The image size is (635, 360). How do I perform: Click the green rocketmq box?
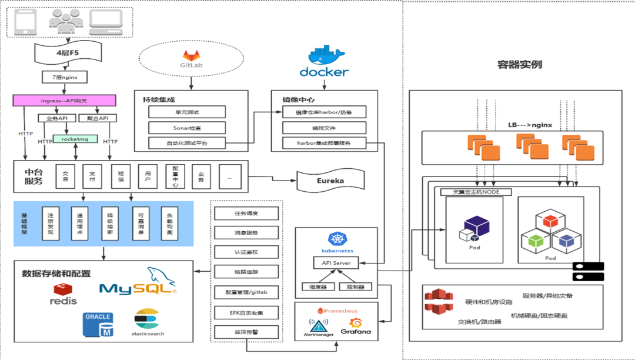coord(75,139)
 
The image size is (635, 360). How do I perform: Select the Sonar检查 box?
coord(187,127)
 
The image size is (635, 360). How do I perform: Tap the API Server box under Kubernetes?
coord(336,263)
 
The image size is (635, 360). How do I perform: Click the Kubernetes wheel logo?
coord(336,239)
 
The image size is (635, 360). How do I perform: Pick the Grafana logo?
coord(356,326)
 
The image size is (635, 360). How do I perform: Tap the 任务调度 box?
coord(246,214)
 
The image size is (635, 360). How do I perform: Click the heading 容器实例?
coord(519,65)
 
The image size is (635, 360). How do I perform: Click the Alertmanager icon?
coord(319,326)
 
